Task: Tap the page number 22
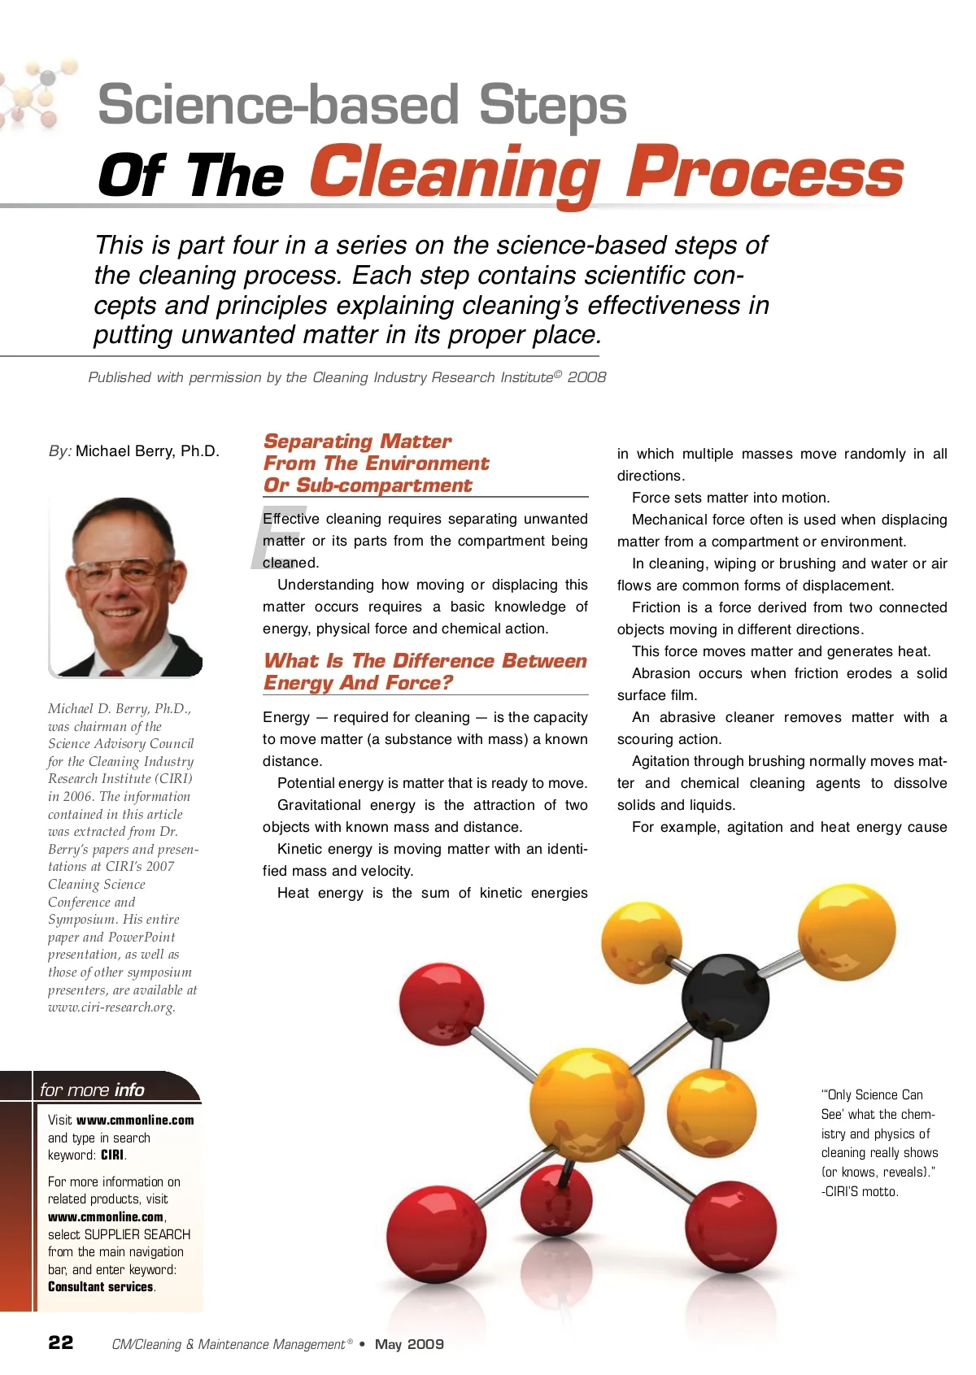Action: click(61, 1342)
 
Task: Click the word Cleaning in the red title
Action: click(455, 173)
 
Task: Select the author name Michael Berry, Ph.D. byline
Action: click(147, 451)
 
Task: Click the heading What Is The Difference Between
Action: click(425, 661)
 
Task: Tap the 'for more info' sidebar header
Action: click(92, 1090)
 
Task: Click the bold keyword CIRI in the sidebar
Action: click(112, 1155)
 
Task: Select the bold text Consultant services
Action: click(101, 1287)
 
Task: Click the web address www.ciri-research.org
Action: click(111, 1007)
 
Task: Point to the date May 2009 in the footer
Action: click(409, 1344)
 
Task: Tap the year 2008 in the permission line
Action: click(586, 377)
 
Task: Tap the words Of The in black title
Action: click(191, 176)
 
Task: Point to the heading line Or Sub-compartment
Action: click(368, 485)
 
